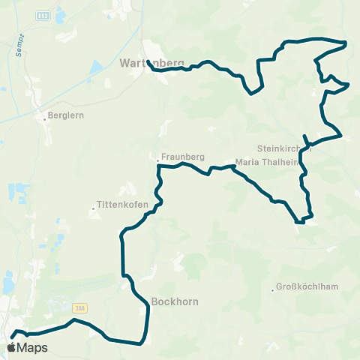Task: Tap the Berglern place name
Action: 64,116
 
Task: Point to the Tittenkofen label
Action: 115,204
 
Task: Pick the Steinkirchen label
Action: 283,148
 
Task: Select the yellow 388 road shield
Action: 80,307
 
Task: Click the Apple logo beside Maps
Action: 12,347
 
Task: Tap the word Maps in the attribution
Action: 32,347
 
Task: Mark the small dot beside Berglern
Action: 44,116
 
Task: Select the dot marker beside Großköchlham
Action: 272,287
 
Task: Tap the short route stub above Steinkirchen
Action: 304,138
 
